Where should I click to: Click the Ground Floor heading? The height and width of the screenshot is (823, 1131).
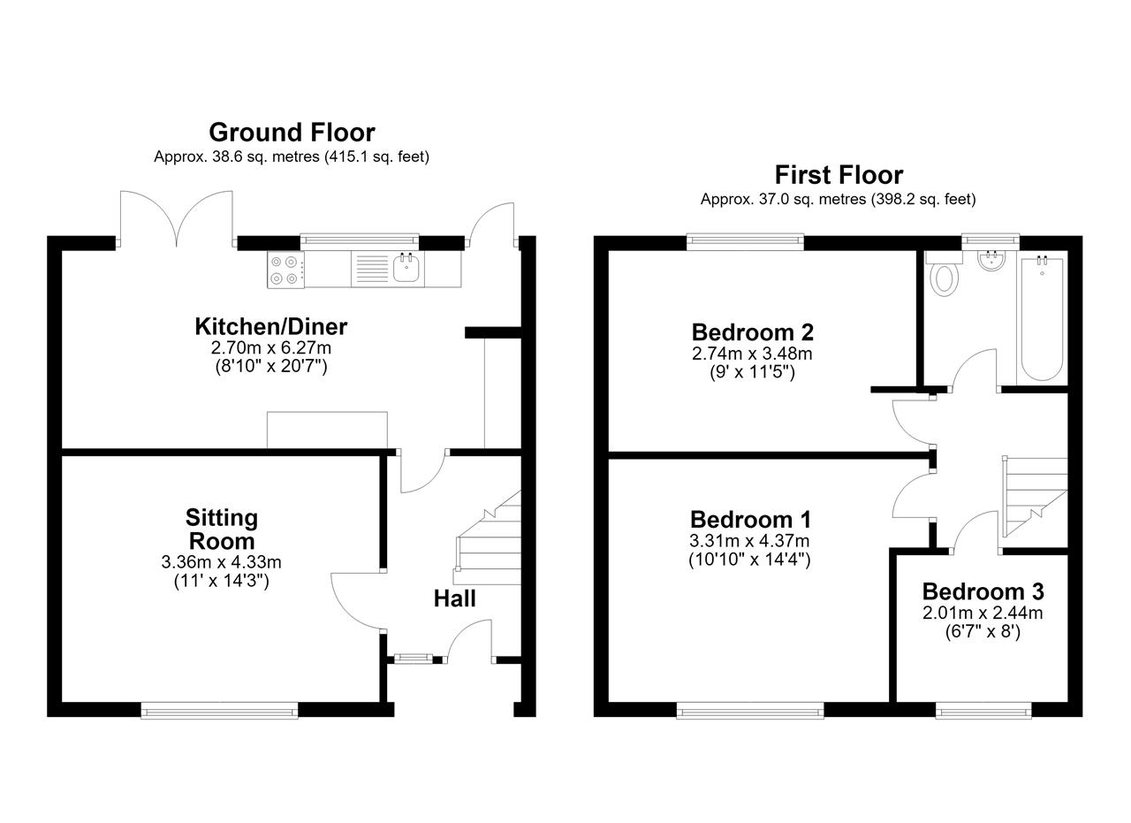click(292, 133)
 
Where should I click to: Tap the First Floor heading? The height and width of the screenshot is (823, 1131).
click(839, 175)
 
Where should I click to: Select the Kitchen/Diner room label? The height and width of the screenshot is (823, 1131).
click(271, 327)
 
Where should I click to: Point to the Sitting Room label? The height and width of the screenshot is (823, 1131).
click(222, 529)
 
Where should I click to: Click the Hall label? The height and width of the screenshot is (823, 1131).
click(454, 598)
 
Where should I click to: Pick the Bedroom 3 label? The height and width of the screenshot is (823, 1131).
click(983, 591)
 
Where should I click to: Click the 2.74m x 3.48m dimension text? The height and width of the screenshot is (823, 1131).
click(752, 354)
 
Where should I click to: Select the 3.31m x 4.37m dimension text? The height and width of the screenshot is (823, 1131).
click(750, 541)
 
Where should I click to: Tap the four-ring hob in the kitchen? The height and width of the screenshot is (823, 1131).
click(285, 270)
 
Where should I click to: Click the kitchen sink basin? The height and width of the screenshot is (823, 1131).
click(406, 268)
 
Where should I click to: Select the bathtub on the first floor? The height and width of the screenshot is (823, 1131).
click(1042, 319)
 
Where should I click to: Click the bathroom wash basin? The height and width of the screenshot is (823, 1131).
click(991, 260)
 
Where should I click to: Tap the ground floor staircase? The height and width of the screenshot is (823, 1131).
click(488, 537)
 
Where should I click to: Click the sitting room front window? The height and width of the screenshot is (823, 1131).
click(220, 713)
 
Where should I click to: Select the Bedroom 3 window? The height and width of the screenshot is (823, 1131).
click(983, 713)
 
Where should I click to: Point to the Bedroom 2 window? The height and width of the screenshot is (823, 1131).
click(745, 241)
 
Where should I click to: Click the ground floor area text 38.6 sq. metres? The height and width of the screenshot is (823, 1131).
click(266, 157)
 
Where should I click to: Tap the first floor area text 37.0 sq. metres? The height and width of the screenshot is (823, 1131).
click(812, 200)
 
